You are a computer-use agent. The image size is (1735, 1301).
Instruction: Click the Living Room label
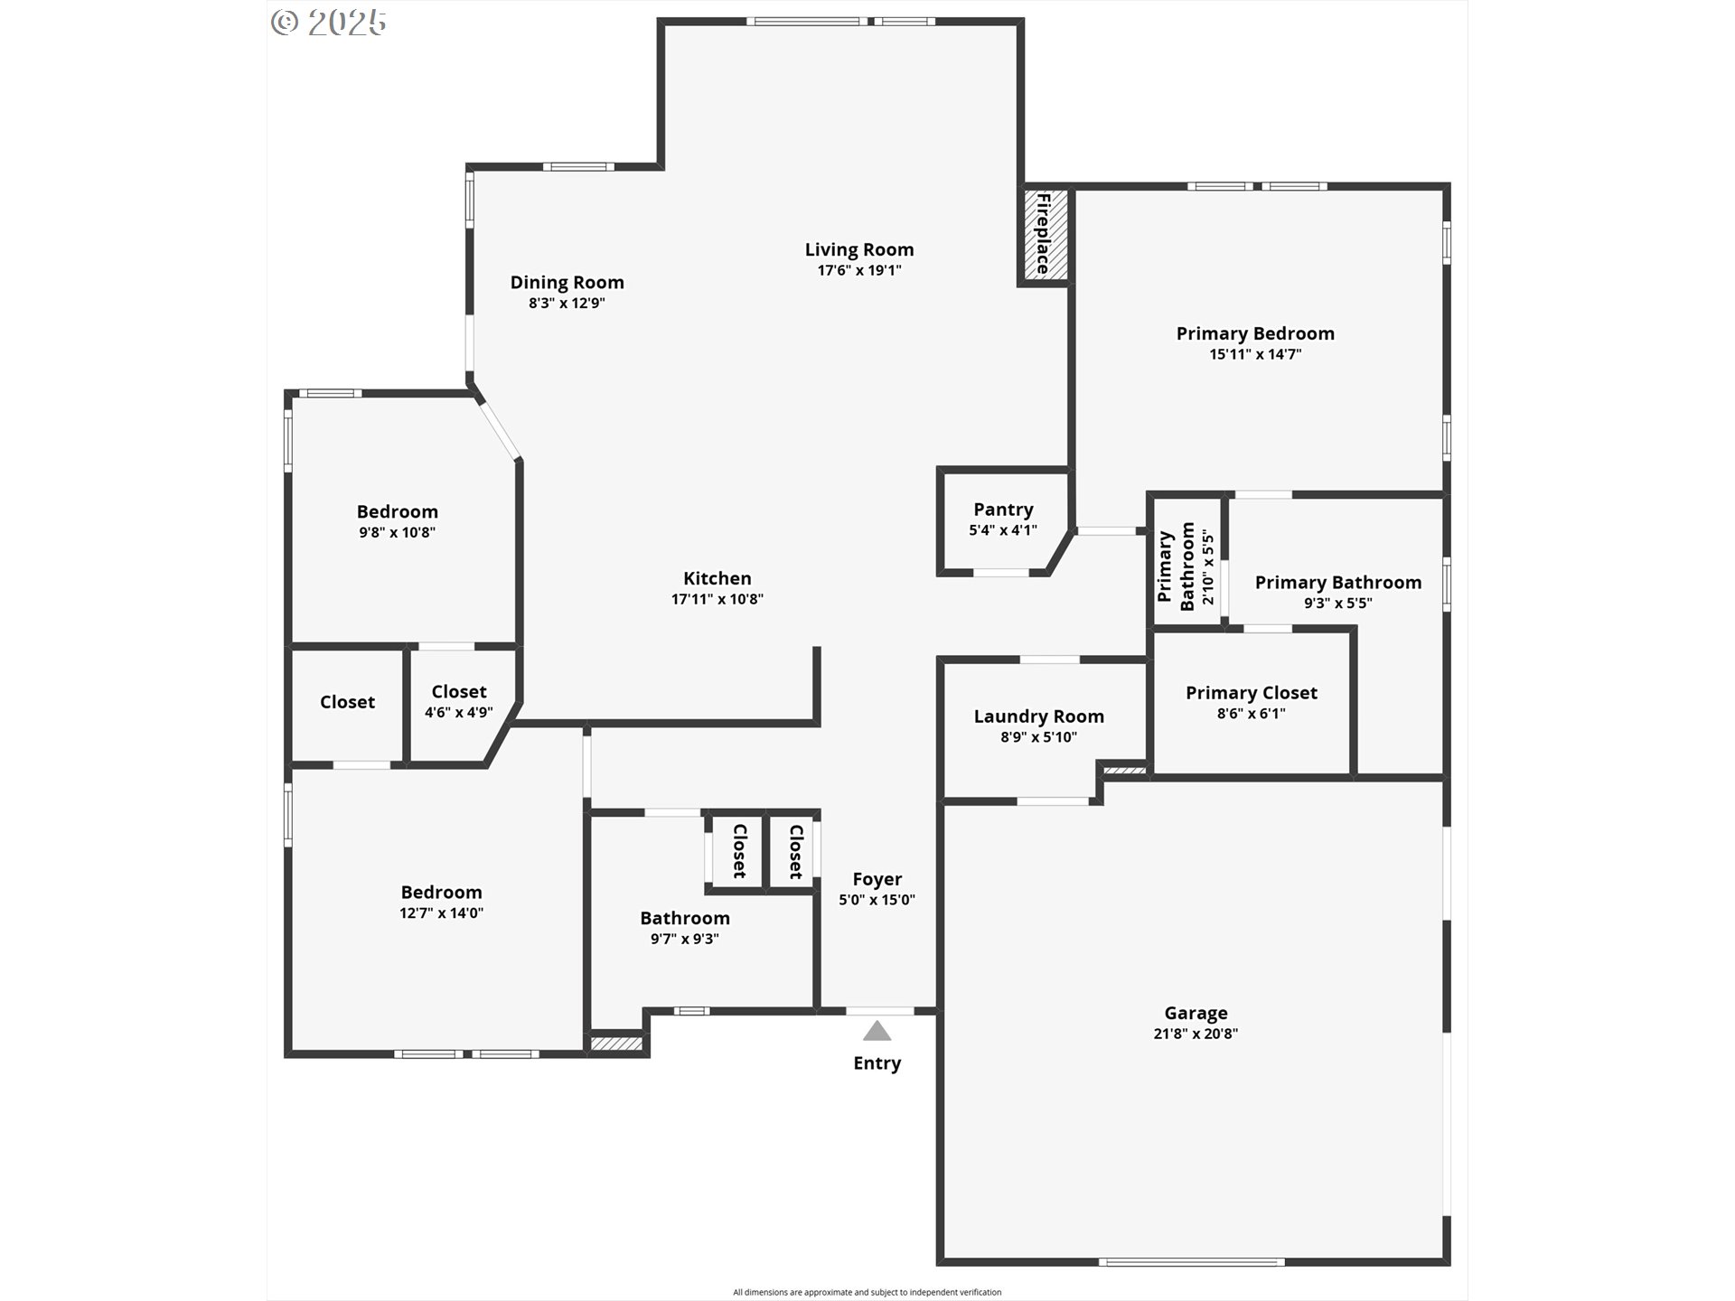click(x=859, y=249)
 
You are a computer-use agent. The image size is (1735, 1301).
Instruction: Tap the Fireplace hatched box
click(x=1046, y=235)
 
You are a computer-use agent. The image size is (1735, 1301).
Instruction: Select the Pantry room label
click(x=1003, y=510)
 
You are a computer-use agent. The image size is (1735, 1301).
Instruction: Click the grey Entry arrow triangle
click(x=877, y=1031)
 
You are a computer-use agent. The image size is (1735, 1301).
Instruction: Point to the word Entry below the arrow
click(x=877, y=1063)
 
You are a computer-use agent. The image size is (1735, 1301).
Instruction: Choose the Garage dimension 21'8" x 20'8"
click(x=1196, y=1034)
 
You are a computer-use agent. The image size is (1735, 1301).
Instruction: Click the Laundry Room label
click(x=1039, y=716)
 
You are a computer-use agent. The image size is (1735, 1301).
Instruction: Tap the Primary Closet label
click(x=1252, y=693)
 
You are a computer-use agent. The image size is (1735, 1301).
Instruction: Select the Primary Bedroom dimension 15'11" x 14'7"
click(x=1255, y=354)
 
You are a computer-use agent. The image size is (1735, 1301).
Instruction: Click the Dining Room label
click(x=567, y=282)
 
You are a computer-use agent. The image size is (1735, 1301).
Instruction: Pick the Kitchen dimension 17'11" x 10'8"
click(x=717, y=599)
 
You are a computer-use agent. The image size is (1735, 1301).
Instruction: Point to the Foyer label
click(x=877, y=879)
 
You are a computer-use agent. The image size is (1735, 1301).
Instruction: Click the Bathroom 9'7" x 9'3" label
click(x=685, y=927)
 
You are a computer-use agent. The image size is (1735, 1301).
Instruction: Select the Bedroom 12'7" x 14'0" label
click(x=442, y=902)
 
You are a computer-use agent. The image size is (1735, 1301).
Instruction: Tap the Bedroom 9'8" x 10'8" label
click(x=398, y=521)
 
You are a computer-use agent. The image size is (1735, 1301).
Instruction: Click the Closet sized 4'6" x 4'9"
click(x=459, y=701)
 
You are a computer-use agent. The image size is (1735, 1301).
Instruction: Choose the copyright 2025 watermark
click(x=329, y=22)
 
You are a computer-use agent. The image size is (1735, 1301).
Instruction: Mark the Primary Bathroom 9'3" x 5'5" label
click(x=1338, y=592)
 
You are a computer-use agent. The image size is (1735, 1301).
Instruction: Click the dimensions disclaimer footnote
click(x=867, y=1292)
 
